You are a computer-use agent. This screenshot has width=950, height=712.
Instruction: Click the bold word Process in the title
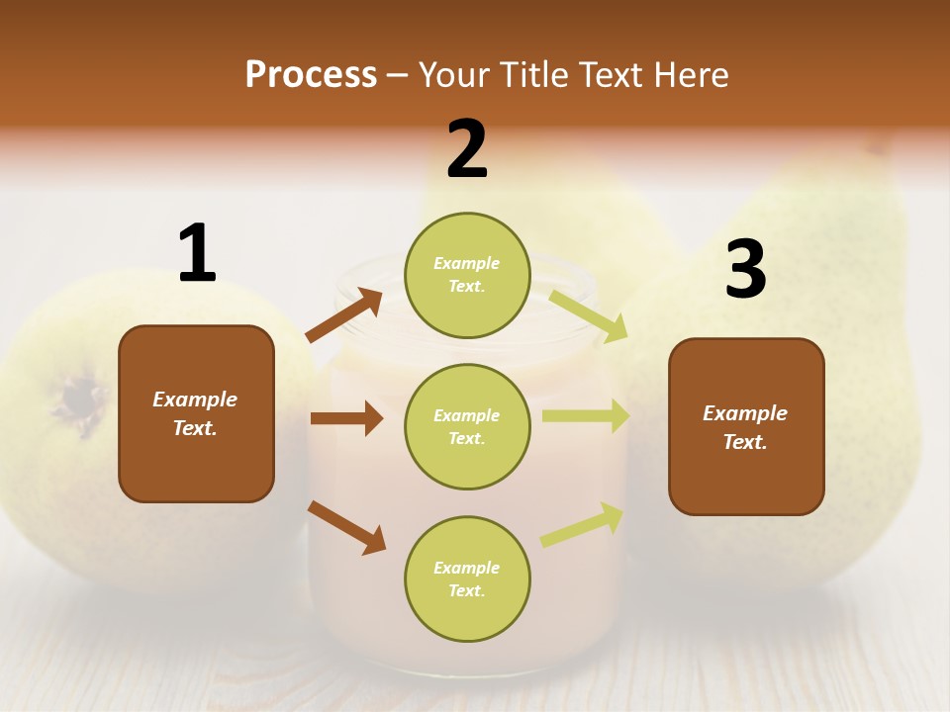point(311,74)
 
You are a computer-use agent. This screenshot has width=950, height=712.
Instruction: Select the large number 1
point(197,254)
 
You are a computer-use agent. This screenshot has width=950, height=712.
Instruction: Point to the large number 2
point(467,148)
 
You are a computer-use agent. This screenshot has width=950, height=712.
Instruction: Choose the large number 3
point(745,270)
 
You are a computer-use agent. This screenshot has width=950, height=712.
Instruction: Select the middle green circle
point(467,426)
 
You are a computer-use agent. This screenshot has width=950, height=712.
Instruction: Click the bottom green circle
point(467,578)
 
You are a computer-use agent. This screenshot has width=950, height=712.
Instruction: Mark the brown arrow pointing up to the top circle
point(344,315)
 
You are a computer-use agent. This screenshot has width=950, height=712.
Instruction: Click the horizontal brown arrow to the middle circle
point(346,418)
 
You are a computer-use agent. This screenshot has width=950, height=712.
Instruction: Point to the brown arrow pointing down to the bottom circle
point(346,527)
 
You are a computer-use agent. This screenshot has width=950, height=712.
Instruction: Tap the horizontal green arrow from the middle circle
point(585,415)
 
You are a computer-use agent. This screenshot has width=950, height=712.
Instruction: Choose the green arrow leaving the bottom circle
point(582,525)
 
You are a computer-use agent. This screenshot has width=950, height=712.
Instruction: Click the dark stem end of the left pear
point(79,400)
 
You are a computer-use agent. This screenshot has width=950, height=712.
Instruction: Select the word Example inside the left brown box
point(195,400)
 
